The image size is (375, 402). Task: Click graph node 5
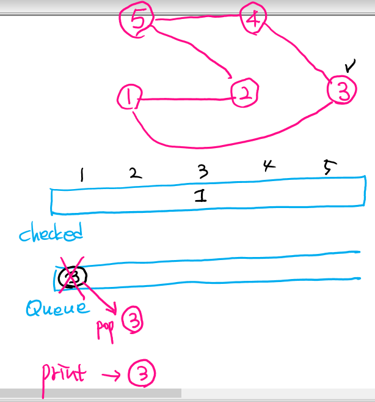point(138,21)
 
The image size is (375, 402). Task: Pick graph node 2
point(244,94)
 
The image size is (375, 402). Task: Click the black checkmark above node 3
point(349,64)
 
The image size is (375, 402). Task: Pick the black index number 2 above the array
point(135,174)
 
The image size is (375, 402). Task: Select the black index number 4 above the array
point(266,166)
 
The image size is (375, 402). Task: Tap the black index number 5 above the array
point(328,168)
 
